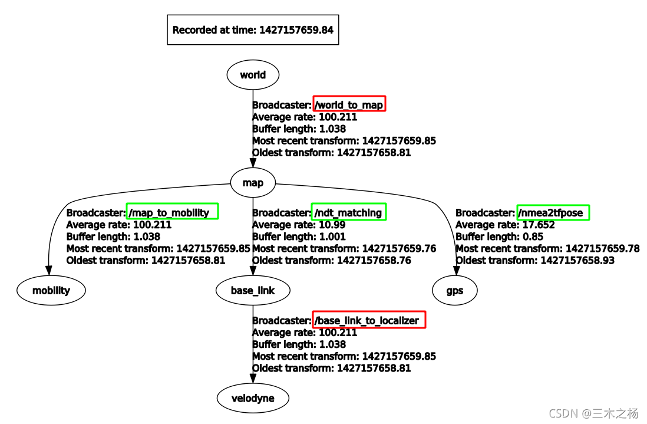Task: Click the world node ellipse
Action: tap(253, 75)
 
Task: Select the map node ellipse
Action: tap(253, 183)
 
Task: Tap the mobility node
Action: tap(51, 290)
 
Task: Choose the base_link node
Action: tap(253, 290)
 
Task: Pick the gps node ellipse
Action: tap(455, 290)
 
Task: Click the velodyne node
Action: tap(253, 398)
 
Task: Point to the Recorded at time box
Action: tap(253, 30)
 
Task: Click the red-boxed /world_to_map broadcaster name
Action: tap(349, 105)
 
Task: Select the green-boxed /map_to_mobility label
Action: tap(171, 212)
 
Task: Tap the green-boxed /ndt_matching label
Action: tap(348, 212)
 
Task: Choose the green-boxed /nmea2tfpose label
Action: tap(553, 212)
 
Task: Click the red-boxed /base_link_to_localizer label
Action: tap(368, 320)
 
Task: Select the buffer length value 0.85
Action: tap(530, 236)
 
